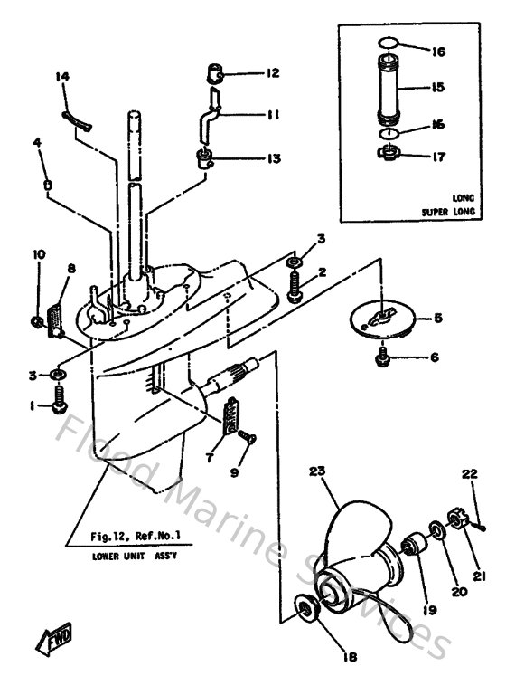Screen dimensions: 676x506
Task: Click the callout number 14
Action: click(x=62, y=78)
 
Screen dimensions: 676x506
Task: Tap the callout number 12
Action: click(x=273, y=71)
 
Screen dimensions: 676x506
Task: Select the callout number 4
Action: click(x=37, y=142)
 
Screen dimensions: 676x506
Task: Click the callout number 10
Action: click(x=38, y=255)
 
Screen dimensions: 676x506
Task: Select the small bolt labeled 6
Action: click(x=383, y=357)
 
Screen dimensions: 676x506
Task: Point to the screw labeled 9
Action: click(x=251, y=438)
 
